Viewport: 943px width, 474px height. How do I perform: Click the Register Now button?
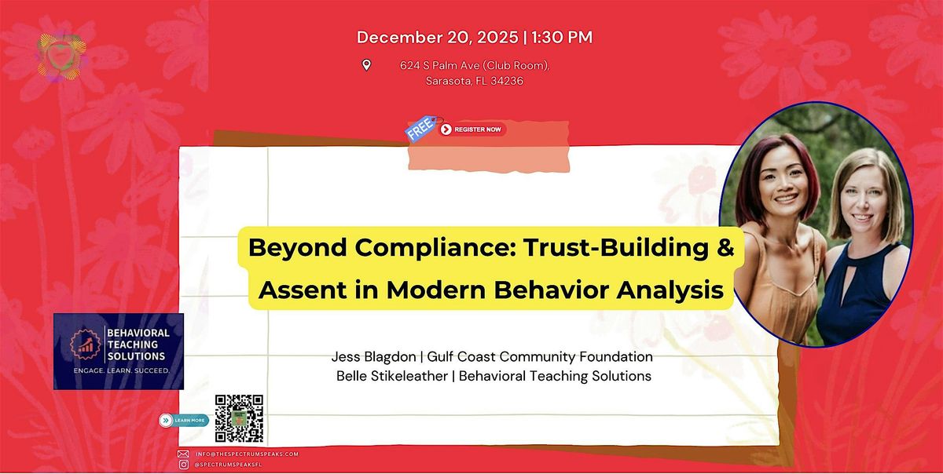472,129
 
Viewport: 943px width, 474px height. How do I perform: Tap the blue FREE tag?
419,129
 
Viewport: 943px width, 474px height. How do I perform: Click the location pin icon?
366,65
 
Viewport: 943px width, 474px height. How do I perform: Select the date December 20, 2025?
438,37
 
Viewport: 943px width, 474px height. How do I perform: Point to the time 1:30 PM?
563,37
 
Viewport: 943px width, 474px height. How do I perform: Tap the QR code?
239,418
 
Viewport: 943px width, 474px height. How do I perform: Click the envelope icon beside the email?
183,454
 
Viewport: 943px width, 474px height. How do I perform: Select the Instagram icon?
183,465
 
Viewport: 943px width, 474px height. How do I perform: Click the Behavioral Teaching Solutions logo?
119,351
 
